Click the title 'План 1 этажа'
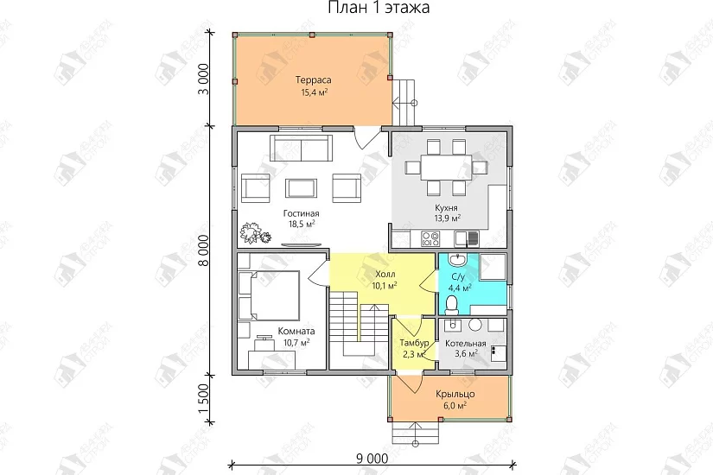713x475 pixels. (x=379, y=7)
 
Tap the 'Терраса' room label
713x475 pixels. (x=314, y=80)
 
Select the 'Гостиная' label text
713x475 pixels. (x=301, y=213)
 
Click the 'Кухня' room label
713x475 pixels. (x=446, y=208)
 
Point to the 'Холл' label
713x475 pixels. (x=385, y=275)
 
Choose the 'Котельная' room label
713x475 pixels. (x=465, y=344)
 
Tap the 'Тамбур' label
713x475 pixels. (x=414, y=343)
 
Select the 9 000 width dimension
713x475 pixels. (x=372, y=459)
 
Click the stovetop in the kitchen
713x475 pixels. (x=430, y=238)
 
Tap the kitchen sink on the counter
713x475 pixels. (x=467, y=238)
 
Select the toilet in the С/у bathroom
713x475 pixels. (x=451, y=305)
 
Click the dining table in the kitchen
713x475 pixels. (x=447, y=168)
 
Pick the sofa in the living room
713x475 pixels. (x=301, y=148)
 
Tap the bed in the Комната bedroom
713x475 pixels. (x=268, y=296)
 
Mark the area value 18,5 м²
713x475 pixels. (x=302, y=224)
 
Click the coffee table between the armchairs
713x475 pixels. (x=301, y=187)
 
